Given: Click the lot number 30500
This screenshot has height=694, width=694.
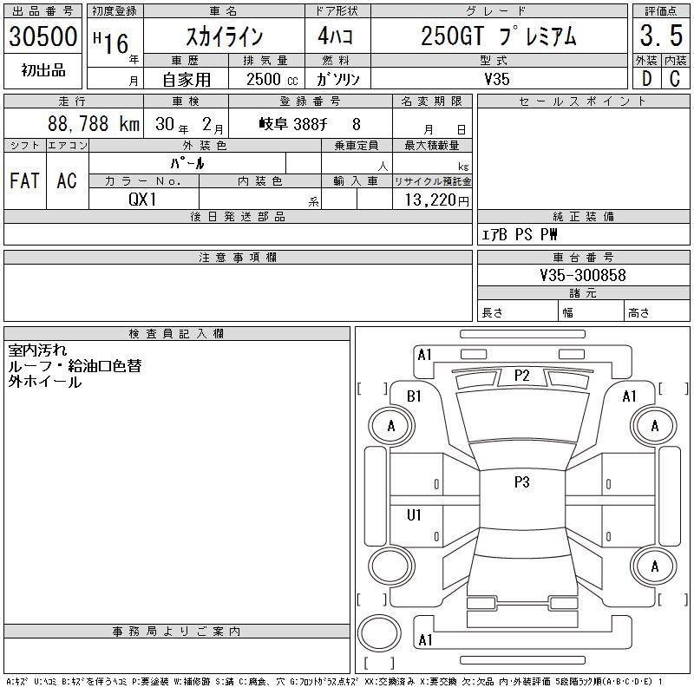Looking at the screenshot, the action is coord(43,36).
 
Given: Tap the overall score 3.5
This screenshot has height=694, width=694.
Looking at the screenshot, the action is coord(661,36).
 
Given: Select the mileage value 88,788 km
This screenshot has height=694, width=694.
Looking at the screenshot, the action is coord(94,124).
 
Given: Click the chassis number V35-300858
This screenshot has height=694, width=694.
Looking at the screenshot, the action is coord(583,275).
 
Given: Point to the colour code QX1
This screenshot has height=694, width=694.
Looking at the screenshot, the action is coord(142,200).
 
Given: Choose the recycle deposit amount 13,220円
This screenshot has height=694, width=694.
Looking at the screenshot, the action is coord(437,200).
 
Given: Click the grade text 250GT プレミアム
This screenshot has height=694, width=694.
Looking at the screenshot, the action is coord(499,36).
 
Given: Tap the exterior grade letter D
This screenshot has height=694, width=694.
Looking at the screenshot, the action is coord(646,79).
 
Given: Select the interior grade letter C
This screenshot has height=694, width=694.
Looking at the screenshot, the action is coord(675,79).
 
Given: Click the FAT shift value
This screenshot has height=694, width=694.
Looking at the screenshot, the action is coord(24,180).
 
